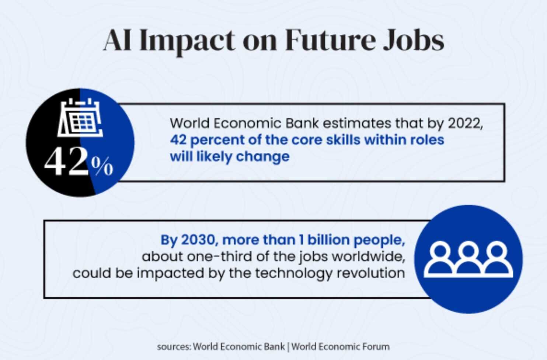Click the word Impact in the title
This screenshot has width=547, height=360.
click(x=187, y=41)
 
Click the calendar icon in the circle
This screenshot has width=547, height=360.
click(x=80, y=117)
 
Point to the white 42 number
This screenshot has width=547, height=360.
click(x=66, y=162)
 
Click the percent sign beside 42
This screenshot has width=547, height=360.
click(x=102, y=166)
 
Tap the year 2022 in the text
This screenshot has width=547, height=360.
click(x=465, y=124)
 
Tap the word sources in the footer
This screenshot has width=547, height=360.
click(x=174, y=347)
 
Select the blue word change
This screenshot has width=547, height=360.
click(x=263, y=157)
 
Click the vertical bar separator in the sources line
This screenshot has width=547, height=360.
click(x=288, y=347)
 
